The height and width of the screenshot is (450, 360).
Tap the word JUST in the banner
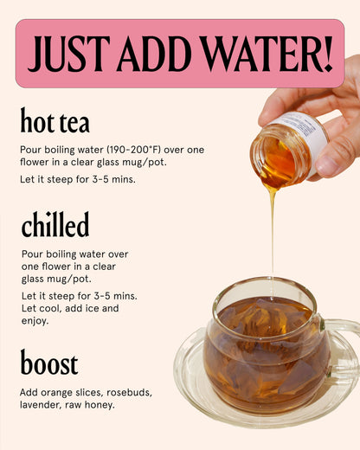click(67, 54)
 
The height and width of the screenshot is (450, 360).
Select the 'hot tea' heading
click(55, 121)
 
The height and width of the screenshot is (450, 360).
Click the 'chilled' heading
click(55, 225)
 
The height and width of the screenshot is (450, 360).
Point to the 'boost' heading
click(49, 363)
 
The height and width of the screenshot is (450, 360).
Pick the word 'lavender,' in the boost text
click(44, 405)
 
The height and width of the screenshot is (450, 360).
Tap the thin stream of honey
click(273, 234)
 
